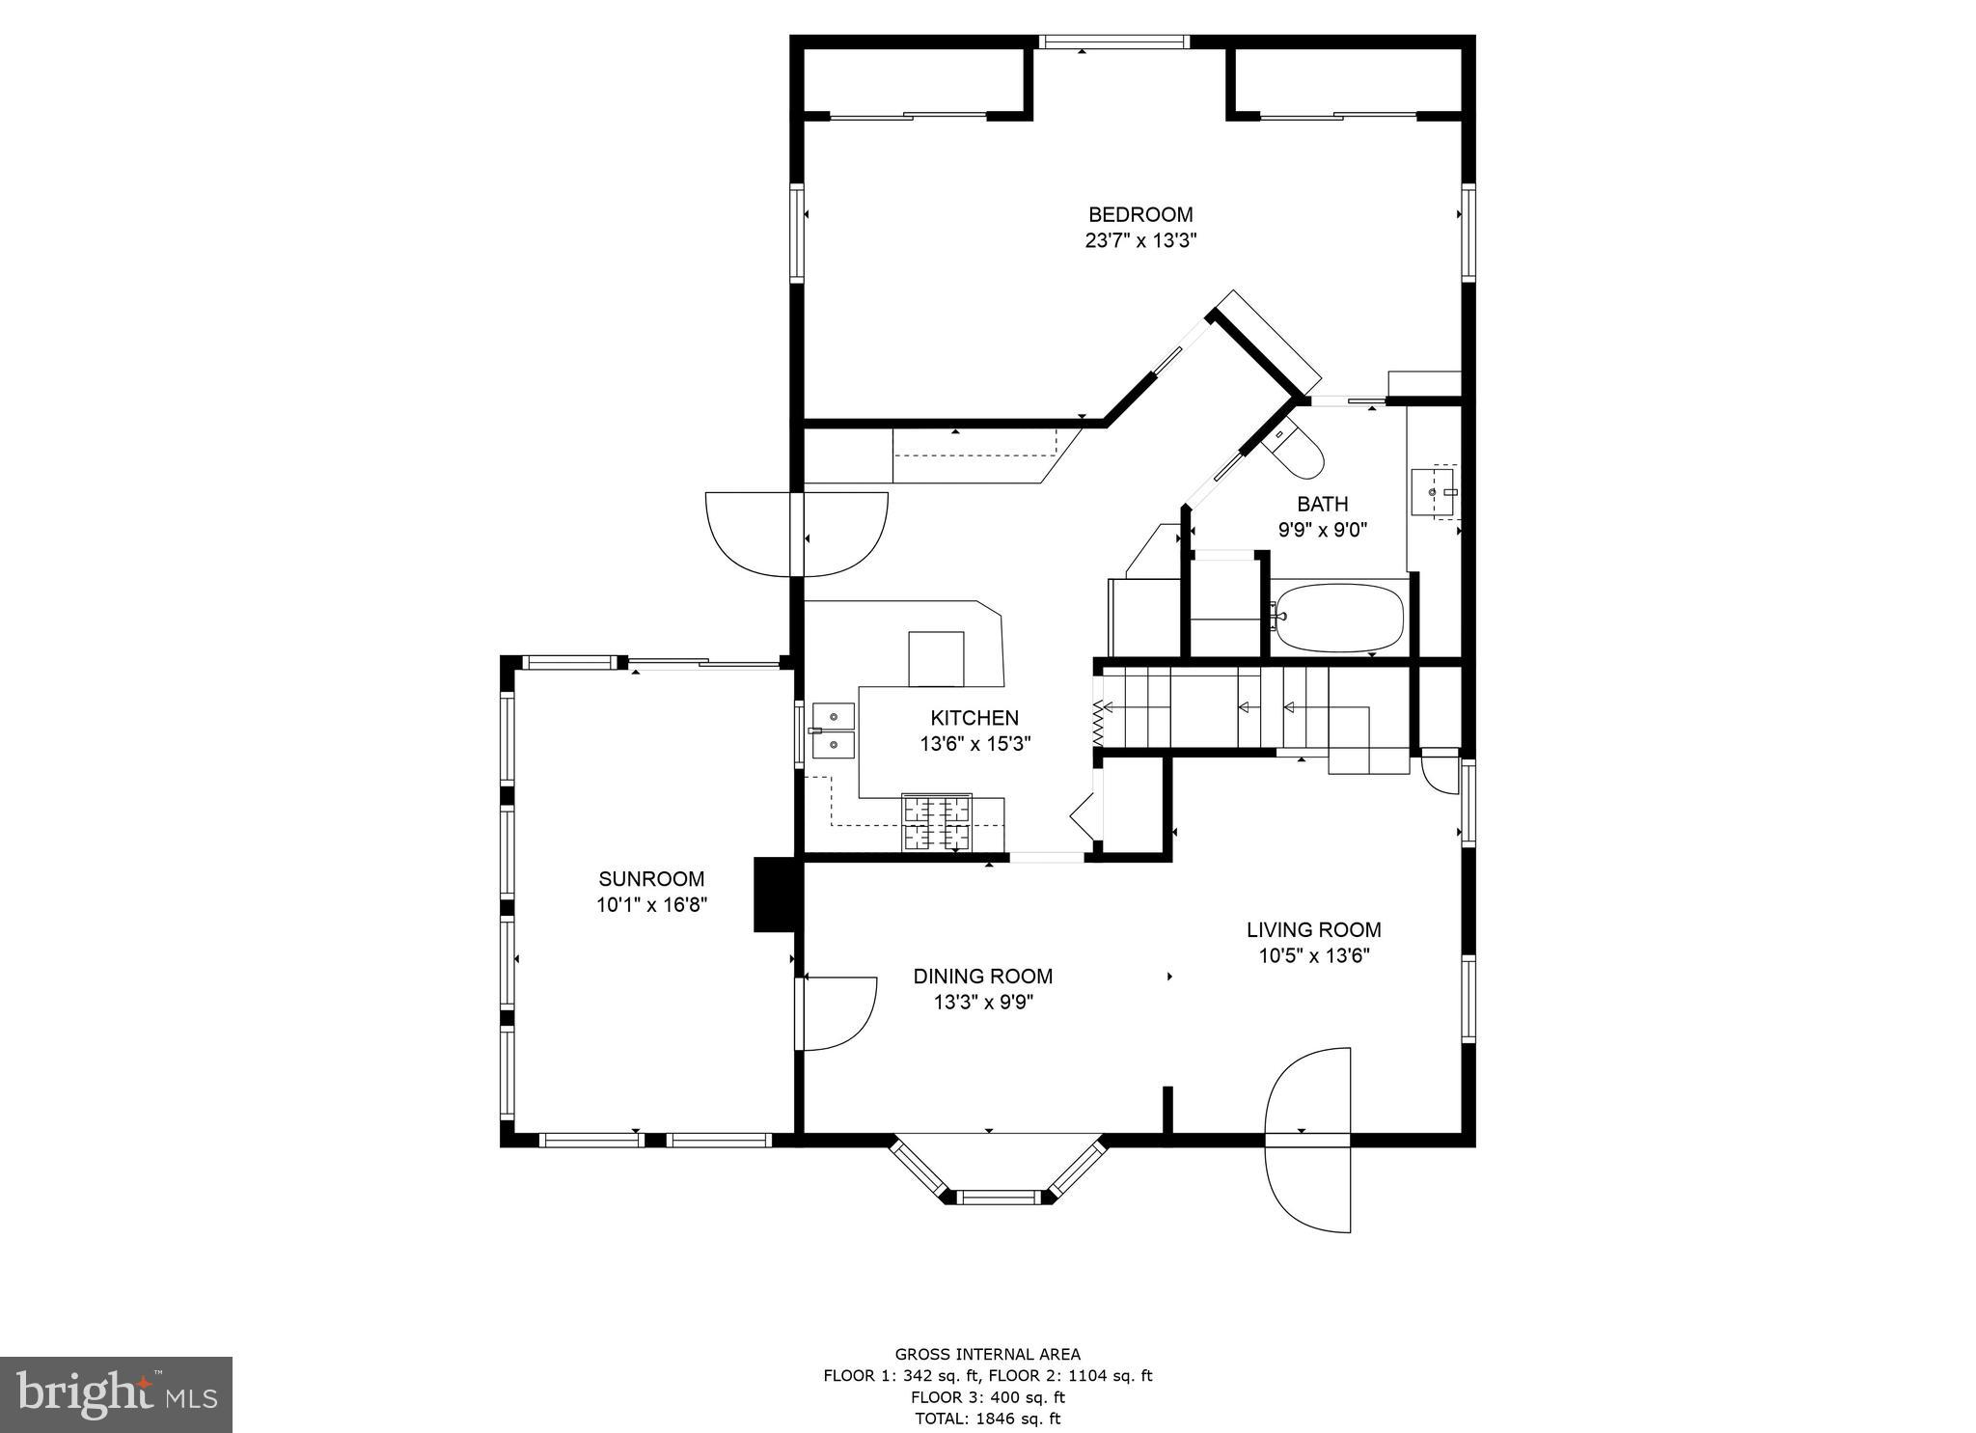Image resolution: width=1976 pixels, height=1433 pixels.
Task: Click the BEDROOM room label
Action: [1140, 214]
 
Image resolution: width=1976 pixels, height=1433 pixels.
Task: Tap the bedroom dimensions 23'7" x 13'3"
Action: [1140, 241]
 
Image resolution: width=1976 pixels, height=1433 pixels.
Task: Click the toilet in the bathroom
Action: [1296, 452]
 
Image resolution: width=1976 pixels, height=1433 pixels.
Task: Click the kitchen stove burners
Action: [936, 822]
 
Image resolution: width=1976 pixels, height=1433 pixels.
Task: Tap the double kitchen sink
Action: [833, 730]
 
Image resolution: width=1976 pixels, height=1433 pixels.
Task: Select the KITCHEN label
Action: [974, 718]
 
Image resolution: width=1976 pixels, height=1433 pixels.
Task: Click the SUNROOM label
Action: [651, 879]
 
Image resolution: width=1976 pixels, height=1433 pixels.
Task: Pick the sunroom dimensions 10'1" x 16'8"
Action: [651, 905]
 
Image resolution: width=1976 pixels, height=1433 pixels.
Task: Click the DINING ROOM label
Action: [983, 977]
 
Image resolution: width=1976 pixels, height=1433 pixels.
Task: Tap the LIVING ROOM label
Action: [1313, 930]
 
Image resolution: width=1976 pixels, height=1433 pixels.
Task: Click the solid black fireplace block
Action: [775, 895]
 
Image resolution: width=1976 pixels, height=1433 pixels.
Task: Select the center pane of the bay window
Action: [998, 1198]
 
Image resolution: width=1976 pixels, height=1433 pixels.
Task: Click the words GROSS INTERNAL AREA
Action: [987, 1354]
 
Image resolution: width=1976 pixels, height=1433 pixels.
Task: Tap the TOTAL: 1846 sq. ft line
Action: [987, 1419]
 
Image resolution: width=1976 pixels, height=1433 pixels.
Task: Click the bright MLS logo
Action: [117, 1394]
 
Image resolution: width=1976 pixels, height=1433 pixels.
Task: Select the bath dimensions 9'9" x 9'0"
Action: [1323, 530]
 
